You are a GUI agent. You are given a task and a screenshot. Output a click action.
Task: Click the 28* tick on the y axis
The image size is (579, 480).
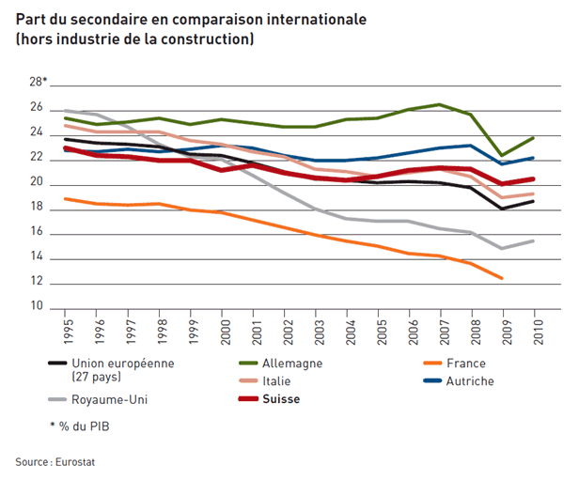pyautogui.click(x=38, y=82)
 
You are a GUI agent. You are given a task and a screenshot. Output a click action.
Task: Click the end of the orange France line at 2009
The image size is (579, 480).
pyautogui.click(x=503, y=278)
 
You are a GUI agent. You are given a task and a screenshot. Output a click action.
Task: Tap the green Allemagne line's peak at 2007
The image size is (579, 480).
pyautogui.click(x=440, y=104)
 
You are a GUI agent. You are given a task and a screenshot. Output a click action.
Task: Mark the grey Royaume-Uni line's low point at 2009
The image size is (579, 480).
pyautogui.click(x=503, y=248)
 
